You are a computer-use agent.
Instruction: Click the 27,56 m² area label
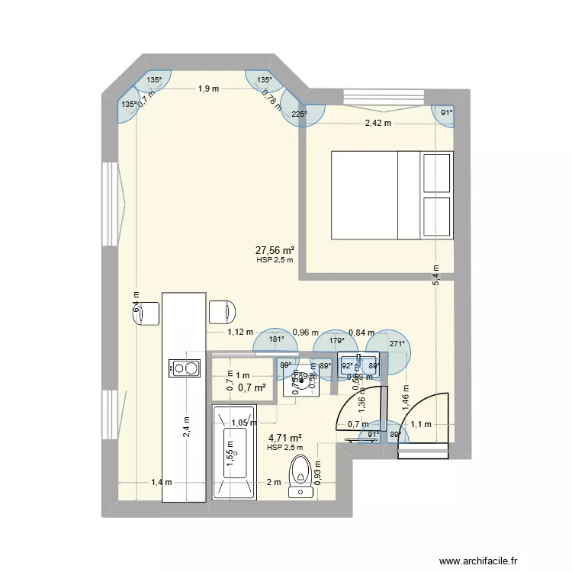click(275, 249)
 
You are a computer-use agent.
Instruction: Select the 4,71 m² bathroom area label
click(284, 438)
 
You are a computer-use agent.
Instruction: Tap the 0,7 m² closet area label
click(252, 388)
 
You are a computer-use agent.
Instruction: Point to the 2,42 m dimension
click(377, 123)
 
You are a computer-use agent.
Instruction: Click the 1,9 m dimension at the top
click(207, 88)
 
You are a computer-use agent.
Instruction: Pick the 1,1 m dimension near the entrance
click(422, 424)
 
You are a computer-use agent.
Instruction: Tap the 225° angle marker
click(299, 114)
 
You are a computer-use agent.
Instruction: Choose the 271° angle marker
click(395, 344)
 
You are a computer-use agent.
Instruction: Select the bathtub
click(235, 453)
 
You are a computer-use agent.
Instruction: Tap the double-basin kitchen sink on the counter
click(185, 369)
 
